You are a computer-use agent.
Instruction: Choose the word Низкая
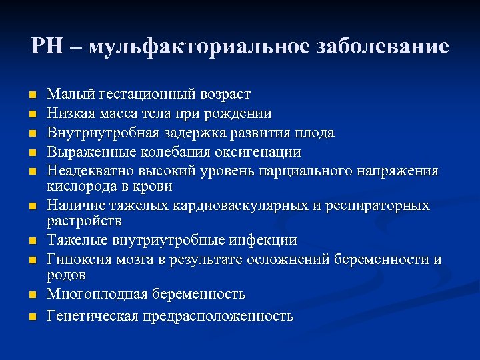[x=68, y=114]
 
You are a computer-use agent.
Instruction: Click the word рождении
[x=242, y=114]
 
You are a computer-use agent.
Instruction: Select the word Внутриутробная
[x=95, y=133]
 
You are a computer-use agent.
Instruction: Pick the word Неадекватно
[x=86, y=171]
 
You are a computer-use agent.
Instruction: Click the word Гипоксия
[x=75, y=259]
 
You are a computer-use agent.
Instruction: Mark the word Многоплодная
[x=89, y=294]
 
